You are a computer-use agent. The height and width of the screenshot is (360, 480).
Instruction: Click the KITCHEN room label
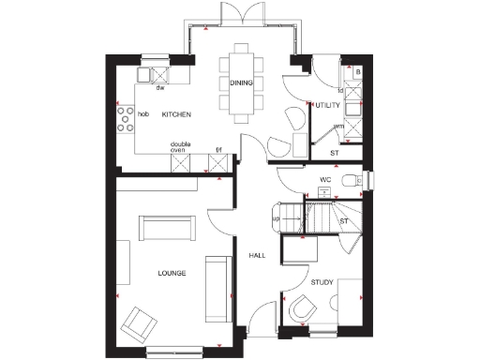click(x=176, y=114)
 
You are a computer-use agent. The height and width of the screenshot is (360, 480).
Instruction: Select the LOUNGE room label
click(x=172, y=273)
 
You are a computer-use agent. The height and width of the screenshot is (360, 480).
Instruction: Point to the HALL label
click(x=258, y=255)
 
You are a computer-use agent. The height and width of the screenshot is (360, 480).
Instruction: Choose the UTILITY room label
click(x=327, y=105)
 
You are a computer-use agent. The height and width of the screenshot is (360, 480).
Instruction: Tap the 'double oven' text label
click(x=181, y=147)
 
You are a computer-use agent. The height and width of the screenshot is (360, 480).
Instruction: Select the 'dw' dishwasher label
click(x=160, y=88)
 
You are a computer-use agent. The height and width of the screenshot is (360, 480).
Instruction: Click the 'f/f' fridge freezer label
click(x=218, y=149)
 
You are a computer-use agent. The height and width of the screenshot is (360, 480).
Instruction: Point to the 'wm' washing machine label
click(x=339, y=127)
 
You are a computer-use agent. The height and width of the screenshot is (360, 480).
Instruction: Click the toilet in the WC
click(x=353, y=180)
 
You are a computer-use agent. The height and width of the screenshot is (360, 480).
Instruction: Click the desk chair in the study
click(x=304, y=308)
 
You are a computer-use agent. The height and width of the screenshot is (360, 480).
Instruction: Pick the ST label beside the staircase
click(x=344, y=220)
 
